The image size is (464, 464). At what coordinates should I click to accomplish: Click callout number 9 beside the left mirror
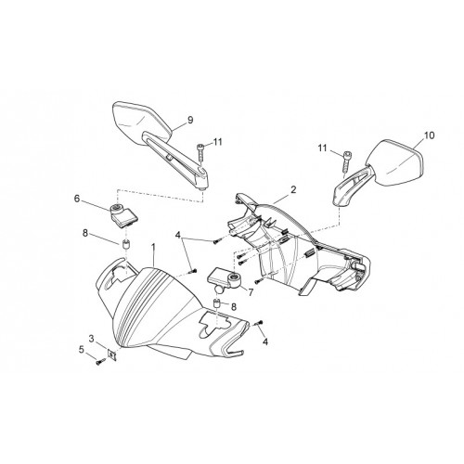(x=190, y=120)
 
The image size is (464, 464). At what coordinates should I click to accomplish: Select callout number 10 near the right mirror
(x=429, y=135)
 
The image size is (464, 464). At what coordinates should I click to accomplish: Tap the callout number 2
(x=293, y=189)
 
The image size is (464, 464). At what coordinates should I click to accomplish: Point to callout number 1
(x=153, y=248)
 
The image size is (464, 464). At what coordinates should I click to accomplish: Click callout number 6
(x=77, y=199)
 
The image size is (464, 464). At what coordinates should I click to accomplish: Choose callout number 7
(x=251, y=291)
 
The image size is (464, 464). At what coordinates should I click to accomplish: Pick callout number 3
(x=91, y=339)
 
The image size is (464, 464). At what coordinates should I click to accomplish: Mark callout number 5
(x=82, y=350)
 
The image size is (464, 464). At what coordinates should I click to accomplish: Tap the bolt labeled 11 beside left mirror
(x=201, y=152)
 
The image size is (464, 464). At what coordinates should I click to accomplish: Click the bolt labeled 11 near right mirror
(x=346, y=162)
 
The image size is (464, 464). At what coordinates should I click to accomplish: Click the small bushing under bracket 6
(x=126, y=244)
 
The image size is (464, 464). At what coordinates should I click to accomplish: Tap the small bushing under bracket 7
(x=218, y=303)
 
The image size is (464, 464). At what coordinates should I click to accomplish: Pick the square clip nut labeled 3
(x=111, y=354)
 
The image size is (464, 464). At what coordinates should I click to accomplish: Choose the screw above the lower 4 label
(x=259, y=323)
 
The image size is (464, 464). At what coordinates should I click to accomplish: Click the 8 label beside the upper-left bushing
(x=85, y=233)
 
